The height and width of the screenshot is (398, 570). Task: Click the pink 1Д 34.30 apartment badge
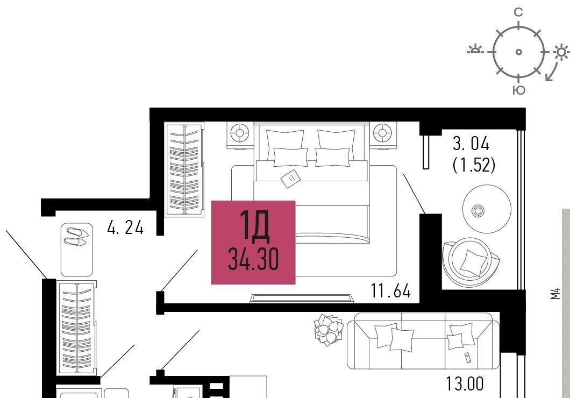pos(253,243)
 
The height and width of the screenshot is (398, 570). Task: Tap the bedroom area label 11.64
pos(391,291)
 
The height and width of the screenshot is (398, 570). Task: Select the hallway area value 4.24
pos(125,228)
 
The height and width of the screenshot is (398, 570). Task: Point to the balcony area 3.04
pos(471,144)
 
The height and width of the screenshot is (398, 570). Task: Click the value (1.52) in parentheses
pos(474,165)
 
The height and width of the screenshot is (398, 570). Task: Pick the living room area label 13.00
pos(465,384)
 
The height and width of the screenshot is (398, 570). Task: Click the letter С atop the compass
pos(518,12)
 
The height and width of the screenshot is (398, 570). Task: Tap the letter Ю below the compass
pos(519,90)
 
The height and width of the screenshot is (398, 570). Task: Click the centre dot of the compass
pos(519,52)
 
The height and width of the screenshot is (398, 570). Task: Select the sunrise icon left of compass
pos(475,49)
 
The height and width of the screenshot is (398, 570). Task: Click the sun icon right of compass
pos(561,52)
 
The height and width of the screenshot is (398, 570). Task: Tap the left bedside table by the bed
pos(240,135)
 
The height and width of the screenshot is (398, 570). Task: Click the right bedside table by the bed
pos(383,135)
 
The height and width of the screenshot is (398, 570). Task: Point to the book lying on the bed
pos(291,178)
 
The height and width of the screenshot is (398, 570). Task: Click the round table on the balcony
pos(487,209)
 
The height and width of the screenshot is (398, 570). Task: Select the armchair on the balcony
pos(471,262)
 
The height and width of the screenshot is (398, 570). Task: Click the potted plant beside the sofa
pos(329,330)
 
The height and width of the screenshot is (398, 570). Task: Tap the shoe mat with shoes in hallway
pos(77,250)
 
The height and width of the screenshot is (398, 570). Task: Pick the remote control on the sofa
pos(467,358)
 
